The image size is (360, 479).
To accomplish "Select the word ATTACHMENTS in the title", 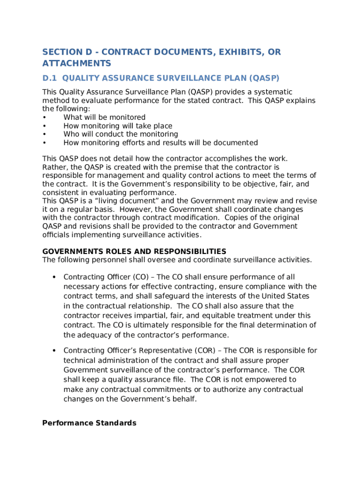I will click(77, 63).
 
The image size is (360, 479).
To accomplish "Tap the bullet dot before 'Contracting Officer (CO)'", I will click(54, 277).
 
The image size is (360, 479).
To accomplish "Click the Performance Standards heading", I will click(89, 423).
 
